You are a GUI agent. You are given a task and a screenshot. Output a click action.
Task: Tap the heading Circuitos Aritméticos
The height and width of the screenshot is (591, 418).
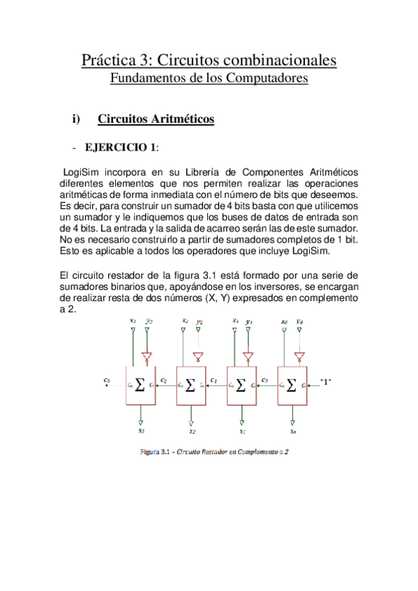[156, 119]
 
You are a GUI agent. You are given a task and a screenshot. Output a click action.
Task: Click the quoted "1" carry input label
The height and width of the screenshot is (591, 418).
[325, 381]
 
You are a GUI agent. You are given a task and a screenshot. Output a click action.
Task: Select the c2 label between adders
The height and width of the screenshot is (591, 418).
[163, 380]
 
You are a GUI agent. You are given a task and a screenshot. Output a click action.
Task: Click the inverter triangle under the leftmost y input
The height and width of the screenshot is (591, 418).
[147, 357]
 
